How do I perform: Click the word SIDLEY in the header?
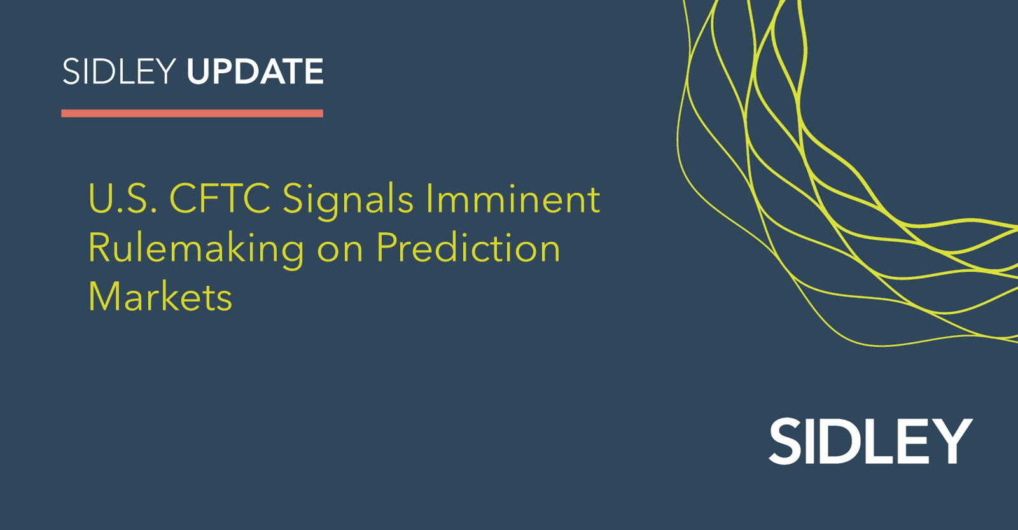coord(118,71)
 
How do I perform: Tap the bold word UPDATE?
coord(255,71)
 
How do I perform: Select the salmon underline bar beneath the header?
coord(192,113)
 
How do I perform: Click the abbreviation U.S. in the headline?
coord(123,199)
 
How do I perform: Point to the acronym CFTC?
coord(220,199)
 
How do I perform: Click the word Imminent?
coord(513,199)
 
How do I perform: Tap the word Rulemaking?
coord(196,249)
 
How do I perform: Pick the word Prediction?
coord(468,248)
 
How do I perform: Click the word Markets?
coord(160,296)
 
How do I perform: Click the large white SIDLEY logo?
coord(870,441)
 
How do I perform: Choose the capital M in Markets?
coord(104,296)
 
